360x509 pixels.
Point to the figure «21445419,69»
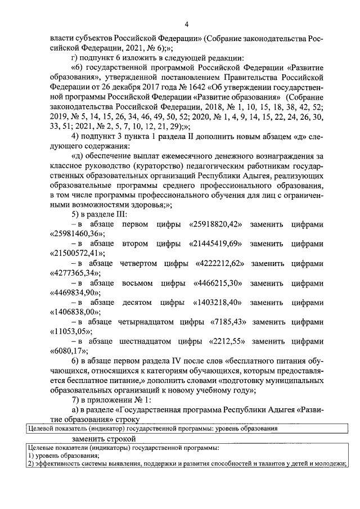214,244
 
